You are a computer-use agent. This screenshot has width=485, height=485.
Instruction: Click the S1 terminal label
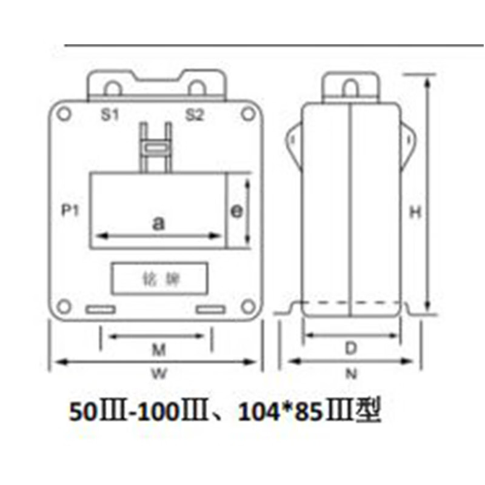tap(109, 115)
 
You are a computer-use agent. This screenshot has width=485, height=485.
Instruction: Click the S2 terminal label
tap(194, 115)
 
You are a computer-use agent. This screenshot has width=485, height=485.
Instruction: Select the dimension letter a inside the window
tap(158, 223)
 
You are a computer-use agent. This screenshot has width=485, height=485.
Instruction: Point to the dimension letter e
tap(237, 210)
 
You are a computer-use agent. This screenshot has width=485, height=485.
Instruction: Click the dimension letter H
tap(415, 212)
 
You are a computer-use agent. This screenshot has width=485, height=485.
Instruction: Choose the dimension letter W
tap(158, 374)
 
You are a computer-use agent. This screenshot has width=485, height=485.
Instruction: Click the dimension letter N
tap(351, 374)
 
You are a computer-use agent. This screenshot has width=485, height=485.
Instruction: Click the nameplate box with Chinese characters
tap(159, 279)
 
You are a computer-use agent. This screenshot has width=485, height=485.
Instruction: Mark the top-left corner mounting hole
tap(65, 113)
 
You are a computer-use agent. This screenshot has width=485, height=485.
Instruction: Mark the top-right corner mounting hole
tap(247, 113)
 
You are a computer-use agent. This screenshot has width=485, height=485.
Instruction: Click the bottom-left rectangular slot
tap(101, 310)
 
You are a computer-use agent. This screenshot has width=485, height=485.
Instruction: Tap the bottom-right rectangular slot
tap(210, 310)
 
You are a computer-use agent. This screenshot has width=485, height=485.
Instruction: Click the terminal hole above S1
tap(112, 89)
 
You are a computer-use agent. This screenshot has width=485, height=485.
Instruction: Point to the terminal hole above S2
tap(197, 89)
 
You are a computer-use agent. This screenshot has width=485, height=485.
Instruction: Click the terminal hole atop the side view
tap(350, 89)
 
